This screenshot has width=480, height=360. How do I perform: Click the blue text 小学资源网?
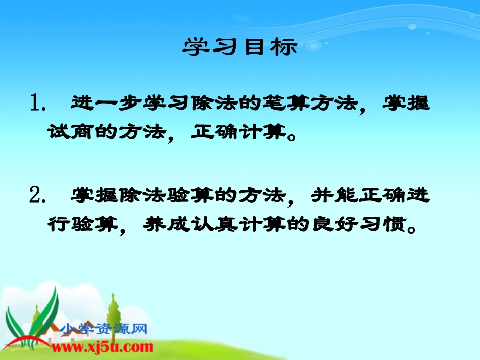click(103, 330)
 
